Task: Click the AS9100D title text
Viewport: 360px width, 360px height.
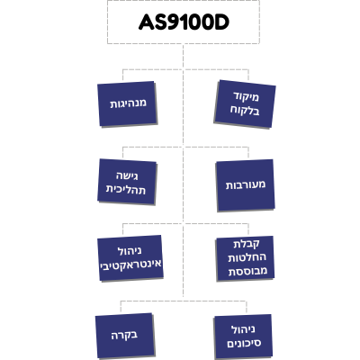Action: coord(184,22)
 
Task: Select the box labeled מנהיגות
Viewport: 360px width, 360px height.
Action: coord(128,103)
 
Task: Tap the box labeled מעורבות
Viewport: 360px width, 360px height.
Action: coord(245,185)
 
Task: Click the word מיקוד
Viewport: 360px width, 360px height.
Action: coord(246,97)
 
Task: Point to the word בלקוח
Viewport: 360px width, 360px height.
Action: coord(245,111)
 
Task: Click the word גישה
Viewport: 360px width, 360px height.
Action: coord(127,175)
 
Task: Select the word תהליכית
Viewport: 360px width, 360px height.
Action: coord(126,190)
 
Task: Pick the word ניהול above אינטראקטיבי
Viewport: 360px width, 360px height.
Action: coord(130,251)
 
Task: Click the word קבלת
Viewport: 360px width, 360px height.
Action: coord(247,244)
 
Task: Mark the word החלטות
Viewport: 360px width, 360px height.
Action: coord(247,257)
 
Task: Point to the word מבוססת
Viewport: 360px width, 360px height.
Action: coord(247,271)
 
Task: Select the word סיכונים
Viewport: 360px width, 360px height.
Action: coord(244,343)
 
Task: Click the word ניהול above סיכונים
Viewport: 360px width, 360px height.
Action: coord(243,329)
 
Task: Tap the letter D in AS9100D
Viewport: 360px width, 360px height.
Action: coord(222,22)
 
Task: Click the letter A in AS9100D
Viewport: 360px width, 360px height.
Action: coord(146,22)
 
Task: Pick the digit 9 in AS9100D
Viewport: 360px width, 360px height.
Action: coord(174,22)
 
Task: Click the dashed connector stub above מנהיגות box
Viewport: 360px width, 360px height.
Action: coord(122,76)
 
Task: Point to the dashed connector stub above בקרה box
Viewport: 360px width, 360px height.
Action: coord(121,307)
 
